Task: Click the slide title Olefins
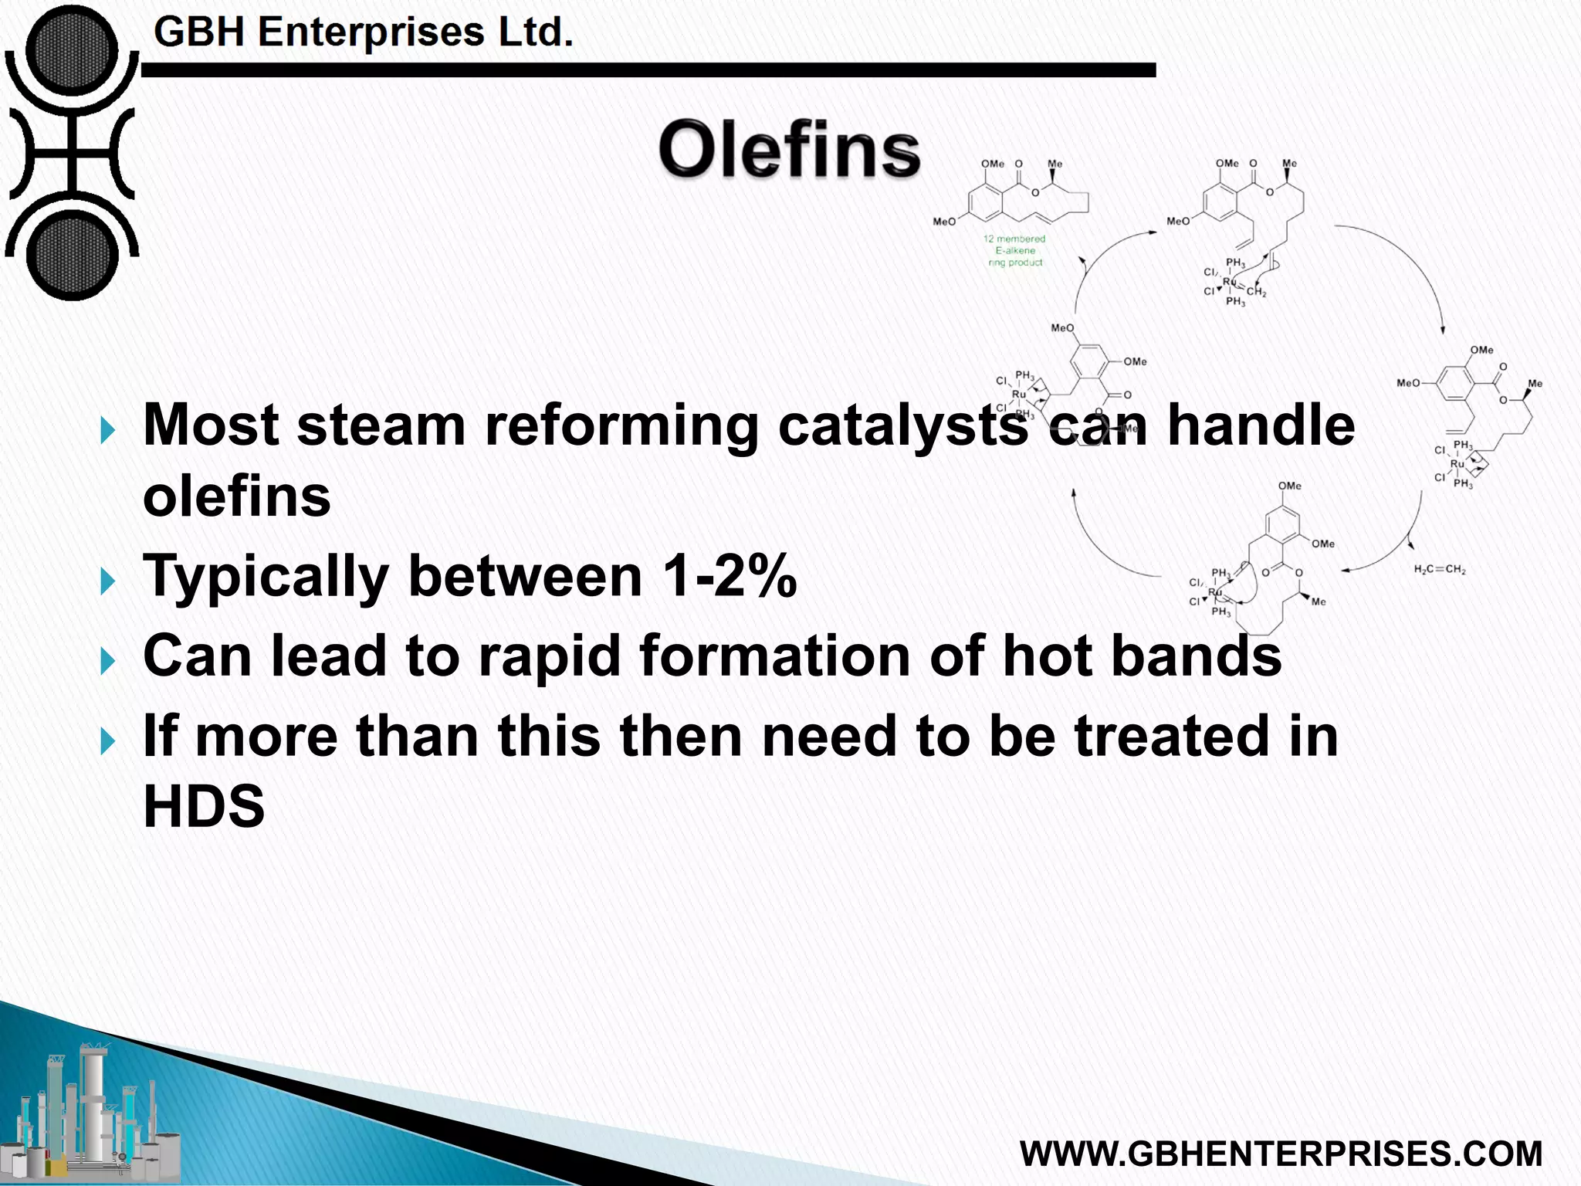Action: (789, 150)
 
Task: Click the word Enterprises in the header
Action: (371, 32)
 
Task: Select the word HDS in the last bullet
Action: (204, 806)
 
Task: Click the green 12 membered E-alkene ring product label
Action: (1014, 251)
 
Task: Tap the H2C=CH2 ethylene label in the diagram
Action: (1439, 570)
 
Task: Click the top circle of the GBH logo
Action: (71, 51)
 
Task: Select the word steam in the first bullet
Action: (381, 425)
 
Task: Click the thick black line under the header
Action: (648, 70)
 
